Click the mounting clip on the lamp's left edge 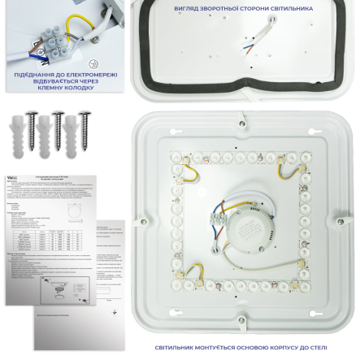(143, 221)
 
